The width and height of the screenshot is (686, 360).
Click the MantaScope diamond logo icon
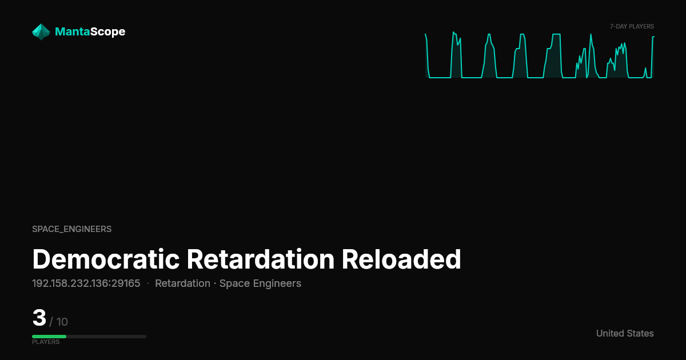click(41, 32)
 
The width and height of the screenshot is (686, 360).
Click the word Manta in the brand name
click(73, 31)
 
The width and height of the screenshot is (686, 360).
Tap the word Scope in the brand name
click(108, 32)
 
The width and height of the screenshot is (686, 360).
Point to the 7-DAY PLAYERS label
click(632, 27)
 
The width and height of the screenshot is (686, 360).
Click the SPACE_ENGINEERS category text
click(71, 229)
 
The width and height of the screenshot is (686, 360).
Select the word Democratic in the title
click(106, 259)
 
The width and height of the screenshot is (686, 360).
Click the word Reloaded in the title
click(401, 259)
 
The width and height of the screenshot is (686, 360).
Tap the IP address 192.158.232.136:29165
click(86, 283)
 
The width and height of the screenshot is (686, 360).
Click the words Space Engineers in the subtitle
click(260, 284)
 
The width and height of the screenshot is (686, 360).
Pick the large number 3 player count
click(39, 318)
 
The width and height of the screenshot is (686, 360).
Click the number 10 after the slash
click(62, 322)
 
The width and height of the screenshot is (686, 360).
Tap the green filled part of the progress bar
click(49, 337)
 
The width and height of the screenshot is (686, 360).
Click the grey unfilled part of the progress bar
click(106, 337)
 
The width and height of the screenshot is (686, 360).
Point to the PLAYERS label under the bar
click(46, 342)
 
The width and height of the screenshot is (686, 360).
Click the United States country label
click(625, 333)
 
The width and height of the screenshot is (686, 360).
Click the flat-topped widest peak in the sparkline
click(556, 34)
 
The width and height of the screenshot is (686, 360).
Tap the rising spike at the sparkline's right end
click(653, 57)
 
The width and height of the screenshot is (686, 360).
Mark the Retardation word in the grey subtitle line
click(182, 284)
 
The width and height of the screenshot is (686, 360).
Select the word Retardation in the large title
click(261, 259)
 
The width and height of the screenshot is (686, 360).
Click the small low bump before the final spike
click(645, 73)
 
